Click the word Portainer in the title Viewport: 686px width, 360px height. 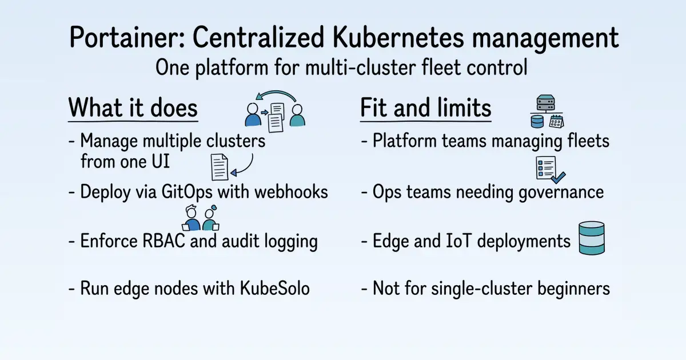(127, 38)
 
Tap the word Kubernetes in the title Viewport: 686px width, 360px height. (398, 37)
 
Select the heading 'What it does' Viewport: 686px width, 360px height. (133, 107)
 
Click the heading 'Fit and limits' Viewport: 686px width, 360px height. (426, 107)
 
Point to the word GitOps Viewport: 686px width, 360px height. (187, 193)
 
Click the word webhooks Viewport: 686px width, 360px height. (291, 192)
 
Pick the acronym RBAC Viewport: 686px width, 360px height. (163, 241)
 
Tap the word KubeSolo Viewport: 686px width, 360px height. (274, 288)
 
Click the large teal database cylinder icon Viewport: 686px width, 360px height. (592, 238)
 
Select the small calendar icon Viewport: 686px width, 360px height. (556, 121)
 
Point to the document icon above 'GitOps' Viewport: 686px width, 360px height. (220, 167)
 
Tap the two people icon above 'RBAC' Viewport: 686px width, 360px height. (201, 218)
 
